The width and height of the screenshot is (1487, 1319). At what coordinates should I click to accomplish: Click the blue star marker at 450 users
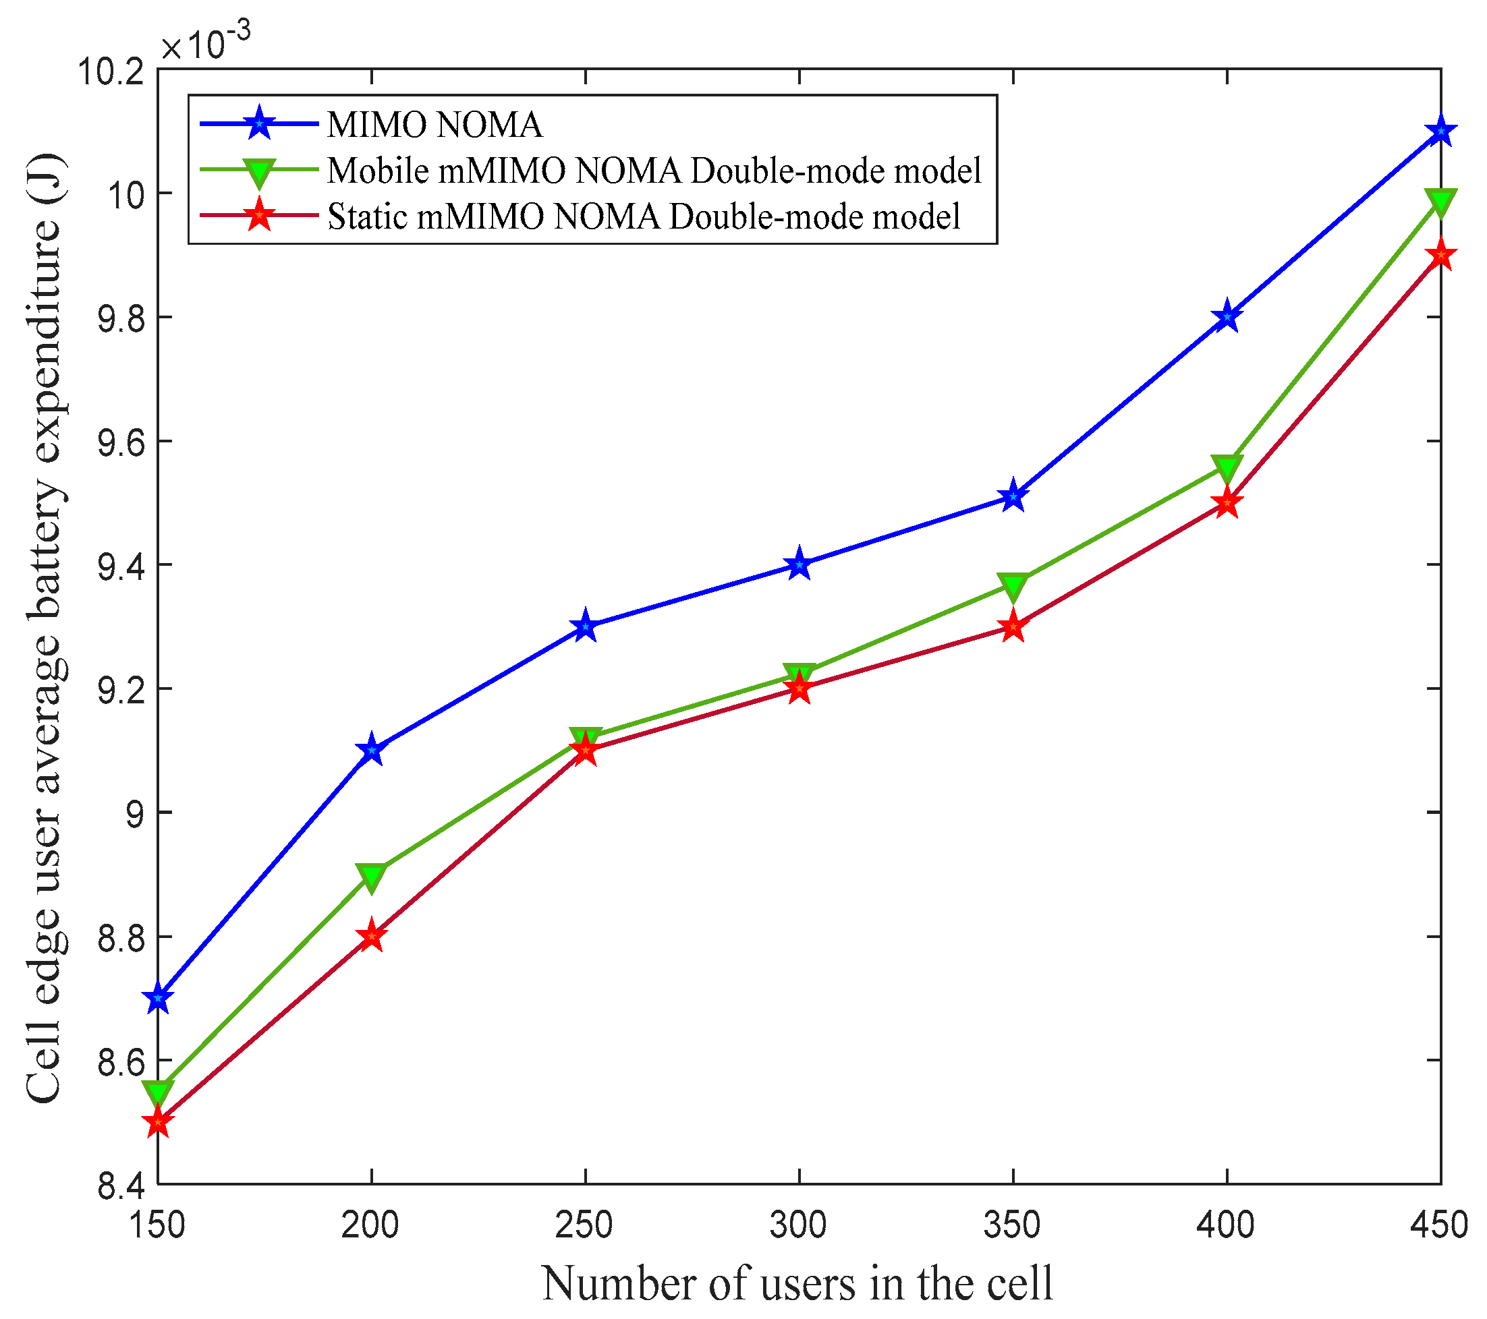coord(1440,132)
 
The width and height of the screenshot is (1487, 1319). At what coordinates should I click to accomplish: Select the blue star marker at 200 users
coord(372,751)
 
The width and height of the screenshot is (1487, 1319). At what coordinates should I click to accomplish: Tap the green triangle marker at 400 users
coord(1227,467)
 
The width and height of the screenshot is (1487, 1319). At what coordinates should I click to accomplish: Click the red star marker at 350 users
coord(1013,626)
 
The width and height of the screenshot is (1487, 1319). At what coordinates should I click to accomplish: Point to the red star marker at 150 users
coord(158,1122)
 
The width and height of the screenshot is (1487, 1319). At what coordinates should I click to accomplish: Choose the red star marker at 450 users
coord(1440,256)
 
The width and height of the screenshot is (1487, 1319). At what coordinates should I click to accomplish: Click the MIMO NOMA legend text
coord(434,124)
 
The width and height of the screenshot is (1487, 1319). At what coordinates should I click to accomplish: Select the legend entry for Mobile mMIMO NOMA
coord(654,171)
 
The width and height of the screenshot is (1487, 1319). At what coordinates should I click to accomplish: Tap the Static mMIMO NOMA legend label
coord(644,216)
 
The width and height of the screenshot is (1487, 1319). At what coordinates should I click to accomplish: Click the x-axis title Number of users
coord(797,1284)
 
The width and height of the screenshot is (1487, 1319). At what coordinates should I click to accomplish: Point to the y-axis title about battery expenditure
coord(45,629)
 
